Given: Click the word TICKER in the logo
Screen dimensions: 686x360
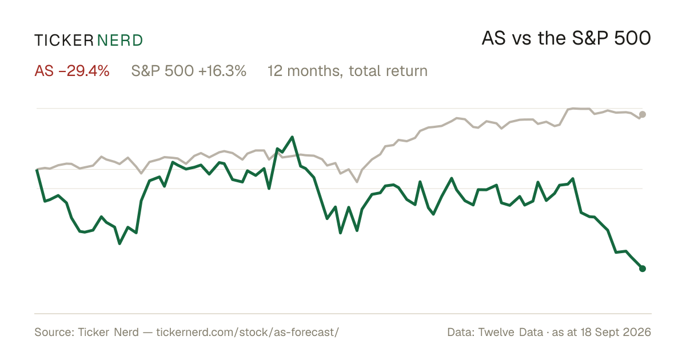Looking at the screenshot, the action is (64, 41).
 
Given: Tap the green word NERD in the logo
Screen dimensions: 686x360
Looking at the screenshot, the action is (119, 41).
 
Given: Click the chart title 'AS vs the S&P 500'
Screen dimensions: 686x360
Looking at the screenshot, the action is (567, 38).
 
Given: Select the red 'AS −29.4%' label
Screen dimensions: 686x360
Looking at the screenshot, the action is (72, 71).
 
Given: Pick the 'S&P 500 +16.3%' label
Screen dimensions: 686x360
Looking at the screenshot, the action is (189, 71).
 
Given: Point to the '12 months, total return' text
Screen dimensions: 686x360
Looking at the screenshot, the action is (348, 71).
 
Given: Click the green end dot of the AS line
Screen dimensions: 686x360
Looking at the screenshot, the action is (643, 269).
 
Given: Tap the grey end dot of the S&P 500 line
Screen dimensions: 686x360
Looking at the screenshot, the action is (643, 114).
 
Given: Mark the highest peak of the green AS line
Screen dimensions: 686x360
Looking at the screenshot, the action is (292, 137).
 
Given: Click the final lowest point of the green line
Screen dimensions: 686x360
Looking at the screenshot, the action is (643, 269).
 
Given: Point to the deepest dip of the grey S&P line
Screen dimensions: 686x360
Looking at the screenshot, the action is (357, 182).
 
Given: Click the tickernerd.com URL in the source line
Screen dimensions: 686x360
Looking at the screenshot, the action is (248, 332).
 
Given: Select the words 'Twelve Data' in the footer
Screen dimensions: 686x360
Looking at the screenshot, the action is (510, 332).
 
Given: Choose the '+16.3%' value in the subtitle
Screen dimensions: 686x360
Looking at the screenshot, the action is (222, 71).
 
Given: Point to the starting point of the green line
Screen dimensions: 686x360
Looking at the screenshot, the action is (37, 169).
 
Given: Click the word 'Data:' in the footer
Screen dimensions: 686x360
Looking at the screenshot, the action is (461, 332).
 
